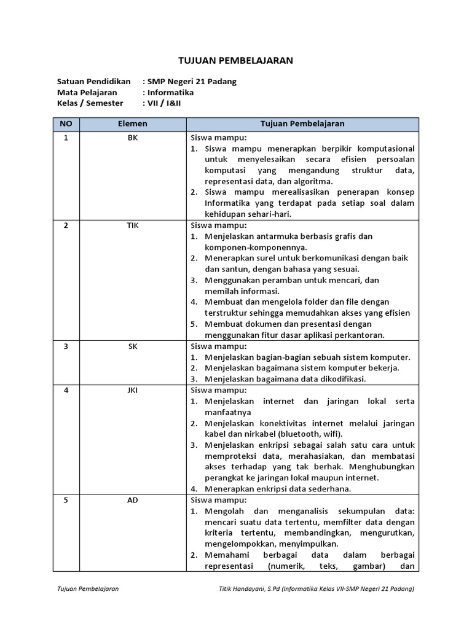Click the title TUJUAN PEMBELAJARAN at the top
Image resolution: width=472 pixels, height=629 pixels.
[235, 60]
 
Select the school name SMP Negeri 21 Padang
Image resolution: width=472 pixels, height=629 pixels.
[191, 81]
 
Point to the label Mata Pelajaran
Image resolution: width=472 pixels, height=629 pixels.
[87, 92]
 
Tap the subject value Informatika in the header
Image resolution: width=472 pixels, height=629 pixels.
[170, 92]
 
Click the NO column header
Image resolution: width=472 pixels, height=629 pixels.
[66, 123]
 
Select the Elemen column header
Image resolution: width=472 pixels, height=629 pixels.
[133, 123]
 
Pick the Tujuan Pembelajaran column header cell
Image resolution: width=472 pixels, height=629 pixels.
[302, 123]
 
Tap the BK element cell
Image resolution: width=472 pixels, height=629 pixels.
[133, 138]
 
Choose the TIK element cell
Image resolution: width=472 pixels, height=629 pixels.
[133, 225]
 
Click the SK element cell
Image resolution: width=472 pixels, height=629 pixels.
[133, 346]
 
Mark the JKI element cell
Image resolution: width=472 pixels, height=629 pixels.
[133, 390]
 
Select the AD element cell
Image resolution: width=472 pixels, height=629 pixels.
[133, 500]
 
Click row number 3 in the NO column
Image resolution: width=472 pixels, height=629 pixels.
[66, 346]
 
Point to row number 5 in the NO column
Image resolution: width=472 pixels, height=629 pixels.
[66, 500]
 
